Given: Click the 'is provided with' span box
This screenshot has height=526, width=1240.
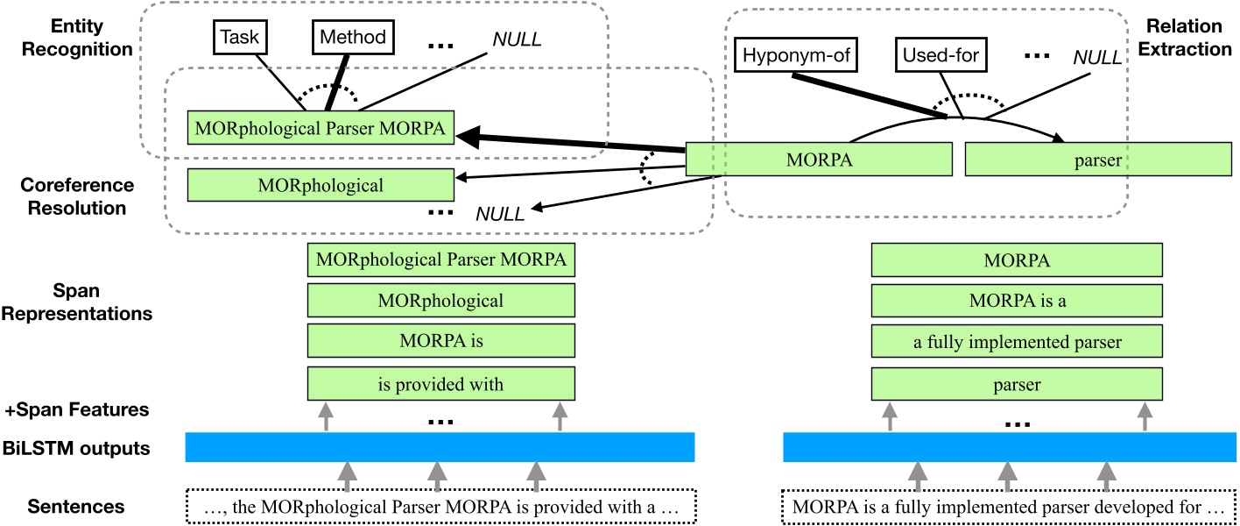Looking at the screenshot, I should (x=441, y=383).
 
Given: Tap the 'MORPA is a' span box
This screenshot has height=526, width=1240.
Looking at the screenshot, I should (x=1017, y=301).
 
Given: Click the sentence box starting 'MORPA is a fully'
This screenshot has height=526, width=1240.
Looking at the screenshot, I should (x=1007, y=507).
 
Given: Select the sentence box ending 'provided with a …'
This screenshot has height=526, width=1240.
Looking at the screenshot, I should (x=441, y=507).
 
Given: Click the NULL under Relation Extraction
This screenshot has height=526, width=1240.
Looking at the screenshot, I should (x=1096, y=59).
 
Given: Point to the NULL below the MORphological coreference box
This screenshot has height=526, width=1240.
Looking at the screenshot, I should (x=499, y=213).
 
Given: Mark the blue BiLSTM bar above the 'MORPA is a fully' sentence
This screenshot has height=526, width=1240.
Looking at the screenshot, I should (x=1007, y=447).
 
